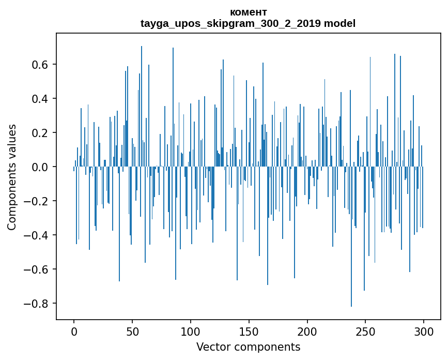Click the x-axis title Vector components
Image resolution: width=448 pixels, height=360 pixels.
(248, 347)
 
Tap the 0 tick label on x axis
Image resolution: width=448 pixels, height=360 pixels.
(74, 331)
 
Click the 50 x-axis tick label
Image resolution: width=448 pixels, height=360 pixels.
(132, 331)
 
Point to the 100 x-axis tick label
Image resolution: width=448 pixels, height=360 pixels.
(191, 331)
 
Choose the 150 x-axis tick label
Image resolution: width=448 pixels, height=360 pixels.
(249, 331)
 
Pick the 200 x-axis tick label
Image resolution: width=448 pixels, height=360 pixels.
(307, 331)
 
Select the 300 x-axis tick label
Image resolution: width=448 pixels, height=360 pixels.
(424, 331)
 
